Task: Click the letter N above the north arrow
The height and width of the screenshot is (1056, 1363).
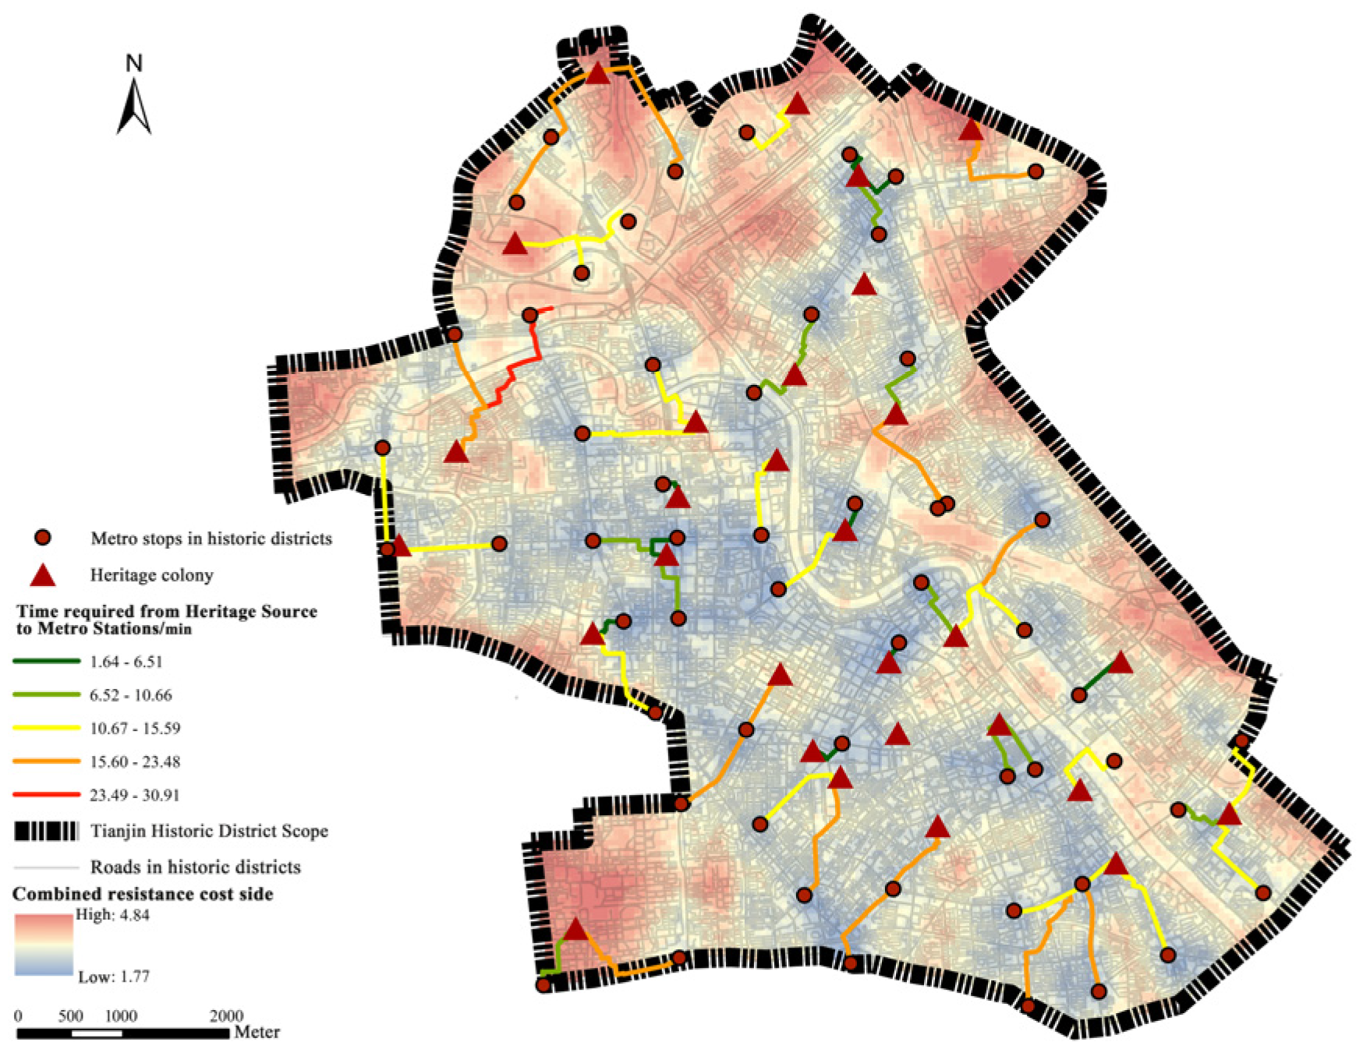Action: click(x=134, y=63)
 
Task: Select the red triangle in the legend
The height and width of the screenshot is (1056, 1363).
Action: click(x=42, y=575)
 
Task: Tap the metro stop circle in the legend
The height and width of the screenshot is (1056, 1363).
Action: click(x=43, y=538)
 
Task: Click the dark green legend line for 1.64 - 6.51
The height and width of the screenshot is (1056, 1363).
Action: click(x=46, y=662)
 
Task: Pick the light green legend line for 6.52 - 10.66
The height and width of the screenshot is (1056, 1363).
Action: click(x=46, y=694)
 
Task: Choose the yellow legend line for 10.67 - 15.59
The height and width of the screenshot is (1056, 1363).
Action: click(x=46, y=728)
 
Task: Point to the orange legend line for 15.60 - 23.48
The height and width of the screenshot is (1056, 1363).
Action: click(x=46, y=761)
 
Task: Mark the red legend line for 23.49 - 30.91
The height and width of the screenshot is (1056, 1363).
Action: click(x=46, y=795)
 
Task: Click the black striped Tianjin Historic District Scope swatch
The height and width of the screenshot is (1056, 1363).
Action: click(x=46, y=831)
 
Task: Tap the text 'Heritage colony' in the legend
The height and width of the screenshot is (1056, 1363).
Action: click(x=152, y=575)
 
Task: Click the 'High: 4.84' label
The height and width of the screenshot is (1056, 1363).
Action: click(x=112, y=915)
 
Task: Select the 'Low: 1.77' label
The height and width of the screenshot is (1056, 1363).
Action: click(x=114, y=977)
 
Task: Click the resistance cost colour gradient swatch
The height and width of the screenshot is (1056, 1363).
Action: click(x=44, y=945)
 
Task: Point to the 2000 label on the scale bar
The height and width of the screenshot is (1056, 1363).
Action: click(x=226, y=1016)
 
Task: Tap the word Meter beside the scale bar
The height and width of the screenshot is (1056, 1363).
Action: click(x=257, y=1033)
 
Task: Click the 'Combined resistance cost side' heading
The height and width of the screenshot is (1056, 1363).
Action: click(x=143, y=894)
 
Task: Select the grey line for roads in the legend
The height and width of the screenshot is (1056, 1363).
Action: click(x=46, y=867)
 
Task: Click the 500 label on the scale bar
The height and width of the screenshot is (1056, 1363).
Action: click(x=71, y=1016)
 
